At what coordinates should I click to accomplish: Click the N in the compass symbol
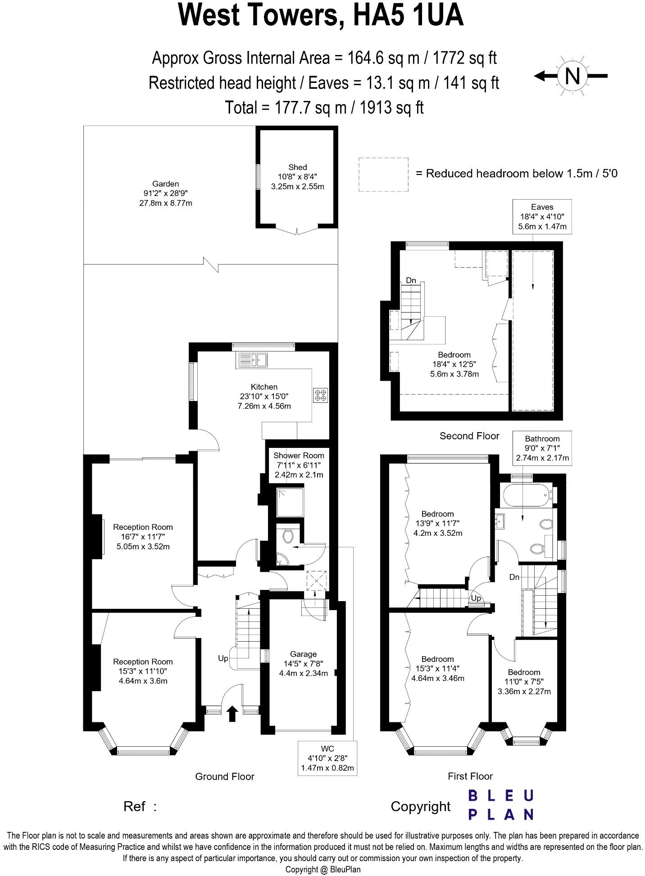click(x=572, y=76)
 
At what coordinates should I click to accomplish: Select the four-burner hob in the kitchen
click(x=320, y=395)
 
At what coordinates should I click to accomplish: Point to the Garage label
click(x=303, y=654)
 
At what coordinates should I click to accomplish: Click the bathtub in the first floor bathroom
click(x=526, y=495)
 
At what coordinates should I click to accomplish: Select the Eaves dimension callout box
click(x=542, y=217)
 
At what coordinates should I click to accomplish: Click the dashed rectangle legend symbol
click(x=383, y=174)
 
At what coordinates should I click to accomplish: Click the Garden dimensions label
click(x=165, y=193)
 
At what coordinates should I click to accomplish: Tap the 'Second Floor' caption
click(x=469, y=436)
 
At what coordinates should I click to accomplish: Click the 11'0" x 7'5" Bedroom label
click(x=524, y=681)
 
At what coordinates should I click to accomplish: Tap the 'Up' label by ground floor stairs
click(x=223, y=658)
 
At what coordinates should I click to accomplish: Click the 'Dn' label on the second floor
click(x=411, y=280)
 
